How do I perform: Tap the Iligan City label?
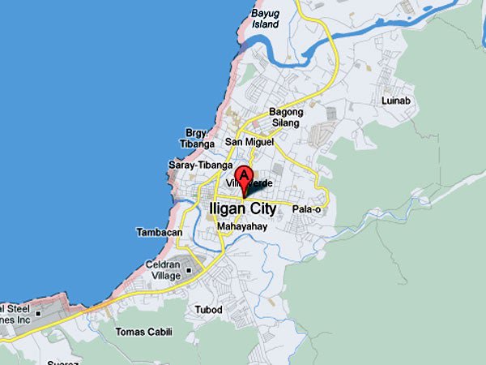(x=243, y=208)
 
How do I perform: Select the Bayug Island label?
(x=265, y=19)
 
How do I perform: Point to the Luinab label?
(x=397, y=100)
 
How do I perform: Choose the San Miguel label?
(x=249, y=142)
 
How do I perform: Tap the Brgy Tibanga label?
(x=197, y=138)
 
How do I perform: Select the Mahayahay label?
(x=241, y=227)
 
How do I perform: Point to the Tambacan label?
(x=159, y=232)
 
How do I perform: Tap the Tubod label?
(x=208, y=310)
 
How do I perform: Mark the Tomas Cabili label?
(x=144, y=332)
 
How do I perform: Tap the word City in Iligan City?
(x=259, y=208)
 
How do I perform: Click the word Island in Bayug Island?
(x=265, y=24)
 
